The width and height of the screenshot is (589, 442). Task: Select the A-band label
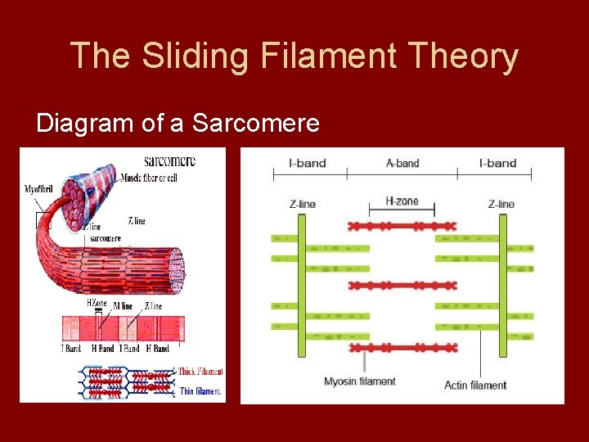click(x=402, y=163)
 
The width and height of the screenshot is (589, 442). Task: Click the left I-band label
click(x=308, y=163)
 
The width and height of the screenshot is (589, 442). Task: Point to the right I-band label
click(x=497, y=163)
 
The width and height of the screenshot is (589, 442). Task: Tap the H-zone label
click(x=402, y=201)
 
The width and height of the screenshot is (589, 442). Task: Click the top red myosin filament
click(x=402, y=224)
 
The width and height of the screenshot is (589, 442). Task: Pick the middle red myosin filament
click(x=402, y=286)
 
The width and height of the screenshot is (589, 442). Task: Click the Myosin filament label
click(x=359, y=381)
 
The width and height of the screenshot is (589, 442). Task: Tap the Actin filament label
click(x=475, y=385)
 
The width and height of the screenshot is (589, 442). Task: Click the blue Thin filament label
click(x=200, y=391)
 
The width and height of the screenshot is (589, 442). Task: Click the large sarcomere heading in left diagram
click(x=169, y=160)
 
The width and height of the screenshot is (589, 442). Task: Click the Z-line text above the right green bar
click(x=501, y=204)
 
